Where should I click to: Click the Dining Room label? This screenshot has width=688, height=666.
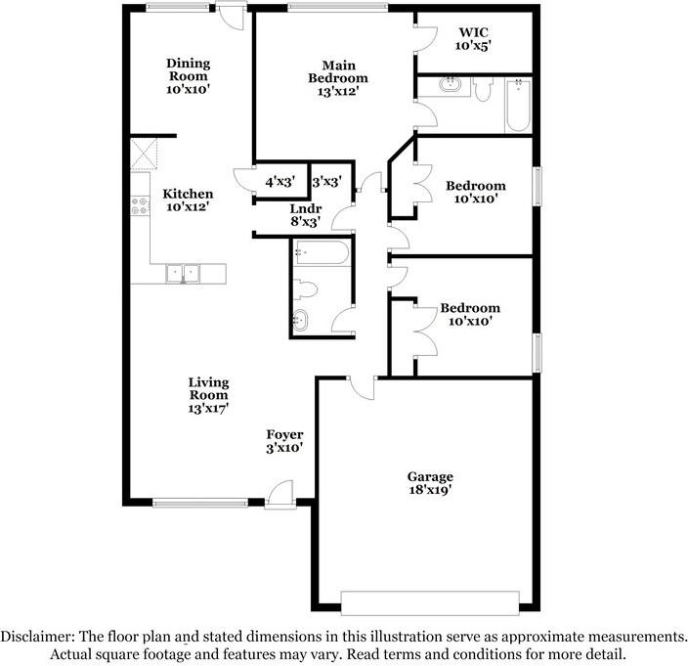[x=188, y=75]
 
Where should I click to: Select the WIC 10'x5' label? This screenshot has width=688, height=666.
[x=473, y=38]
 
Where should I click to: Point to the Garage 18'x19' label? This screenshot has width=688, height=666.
[x=429, y=483]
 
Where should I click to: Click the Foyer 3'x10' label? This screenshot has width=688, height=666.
[x=285, y=441]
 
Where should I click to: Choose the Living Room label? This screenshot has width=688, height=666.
[x=209, y=394]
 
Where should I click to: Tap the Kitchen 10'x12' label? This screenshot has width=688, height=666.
[x=188, y=200]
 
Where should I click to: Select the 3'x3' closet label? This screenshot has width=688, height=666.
[x=324, y=181]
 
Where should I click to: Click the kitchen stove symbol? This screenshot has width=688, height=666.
[x=139, y=207]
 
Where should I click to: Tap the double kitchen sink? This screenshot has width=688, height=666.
[x=182, y=273]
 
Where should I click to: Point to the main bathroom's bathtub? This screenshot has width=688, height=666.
[x=518, y=106]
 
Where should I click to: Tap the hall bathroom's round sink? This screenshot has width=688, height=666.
[x=301, y=319]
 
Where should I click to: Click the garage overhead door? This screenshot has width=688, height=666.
[x=429, y=599]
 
